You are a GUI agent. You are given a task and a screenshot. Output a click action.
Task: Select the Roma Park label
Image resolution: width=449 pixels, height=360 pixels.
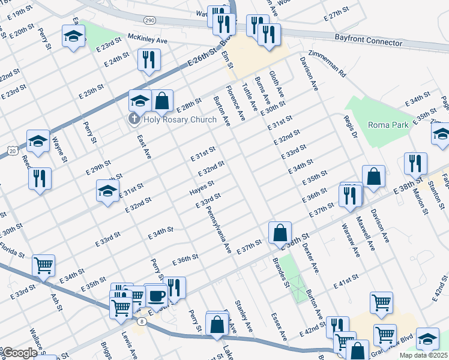pyautogui.click(x=388, y=125)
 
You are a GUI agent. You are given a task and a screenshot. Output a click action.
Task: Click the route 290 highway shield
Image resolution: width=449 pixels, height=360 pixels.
pyautogui.click(x=150, y=20)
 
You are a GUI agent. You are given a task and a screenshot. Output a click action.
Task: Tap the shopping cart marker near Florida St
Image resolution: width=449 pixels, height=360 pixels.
pyautogui.click(x=43, y=265)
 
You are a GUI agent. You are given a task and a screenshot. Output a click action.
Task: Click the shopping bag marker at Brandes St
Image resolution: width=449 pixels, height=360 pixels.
pyautogui.click(x=280, y=232)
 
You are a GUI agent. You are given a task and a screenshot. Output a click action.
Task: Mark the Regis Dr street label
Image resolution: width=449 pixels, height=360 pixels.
pyautogui.click(x=354, y=128)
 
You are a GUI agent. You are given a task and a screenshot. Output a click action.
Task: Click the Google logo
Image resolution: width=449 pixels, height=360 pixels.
pyautogui.click(x=19, y=353)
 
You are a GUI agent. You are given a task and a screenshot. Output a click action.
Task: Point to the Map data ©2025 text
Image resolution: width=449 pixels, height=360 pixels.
pyautogui.click(x=424, y=355)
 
